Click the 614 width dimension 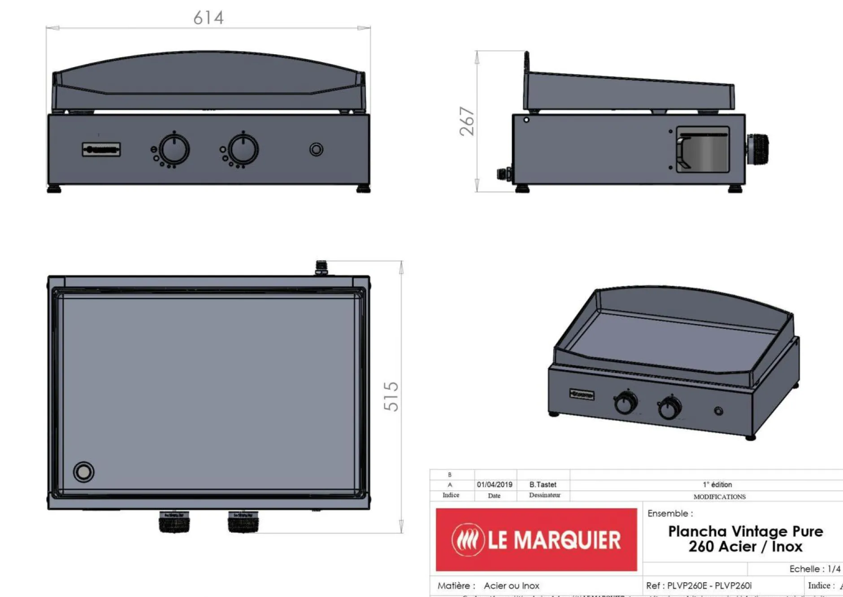209,18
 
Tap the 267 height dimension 467,121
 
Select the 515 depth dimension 391,397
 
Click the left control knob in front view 174,149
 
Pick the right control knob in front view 243,149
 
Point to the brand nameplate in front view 101,149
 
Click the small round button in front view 316,149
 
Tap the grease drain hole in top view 83,472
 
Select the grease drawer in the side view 702,150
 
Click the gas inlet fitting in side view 504,174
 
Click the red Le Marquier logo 536,540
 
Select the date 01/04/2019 495,484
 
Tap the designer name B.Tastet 543,484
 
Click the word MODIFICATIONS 719,497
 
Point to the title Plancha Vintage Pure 745,532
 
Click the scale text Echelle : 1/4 815,569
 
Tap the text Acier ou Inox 511,585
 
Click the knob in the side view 758,149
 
